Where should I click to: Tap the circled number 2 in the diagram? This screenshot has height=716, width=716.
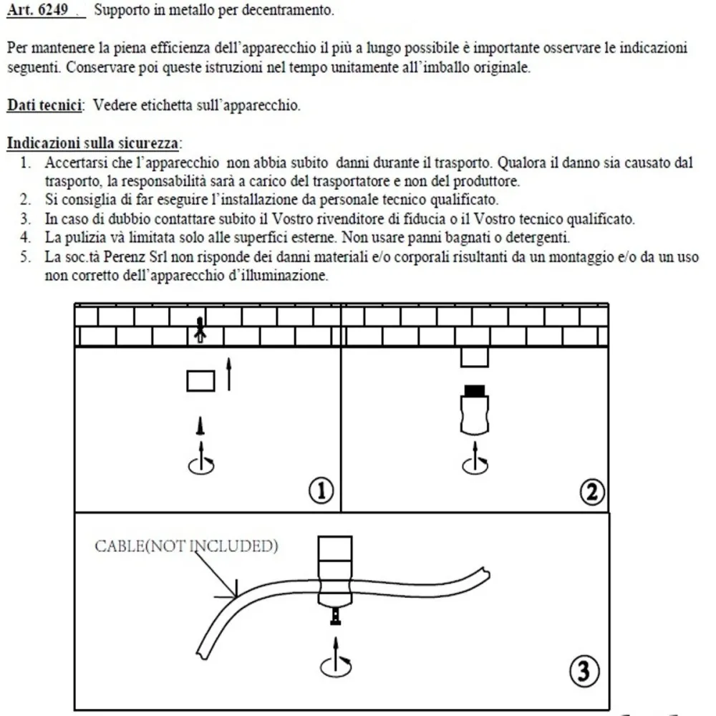point(591,491)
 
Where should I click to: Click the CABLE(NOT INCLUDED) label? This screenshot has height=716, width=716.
point(186,547)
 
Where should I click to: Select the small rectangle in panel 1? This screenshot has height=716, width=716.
point(200,380)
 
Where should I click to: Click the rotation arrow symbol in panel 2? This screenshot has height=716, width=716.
point(473,463)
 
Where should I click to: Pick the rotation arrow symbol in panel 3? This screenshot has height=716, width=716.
point(334,662)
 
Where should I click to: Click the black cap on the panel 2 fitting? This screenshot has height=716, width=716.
point(474,390)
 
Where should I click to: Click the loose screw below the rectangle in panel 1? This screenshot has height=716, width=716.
point(201,427)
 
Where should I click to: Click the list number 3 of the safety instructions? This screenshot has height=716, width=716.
point(25,218)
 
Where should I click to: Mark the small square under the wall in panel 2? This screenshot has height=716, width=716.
point(474,357)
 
